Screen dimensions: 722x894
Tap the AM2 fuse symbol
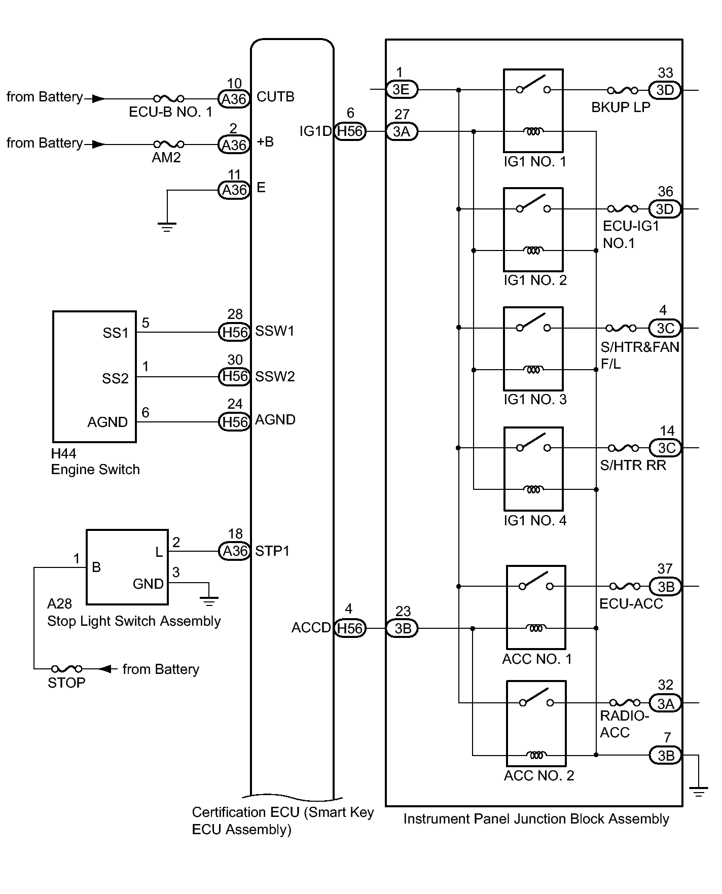169,145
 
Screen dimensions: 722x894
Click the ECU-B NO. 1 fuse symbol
169,98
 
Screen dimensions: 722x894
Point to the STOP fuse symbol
67,669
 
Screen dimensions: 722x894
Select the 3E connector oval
402,90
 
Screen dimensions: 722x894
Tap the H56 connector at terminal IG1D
350,131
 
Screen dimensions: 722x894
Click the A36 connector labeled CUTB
234,99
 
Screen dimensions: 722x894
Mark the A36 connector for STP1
234,551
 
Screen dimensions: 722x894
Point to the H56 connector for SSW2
234,376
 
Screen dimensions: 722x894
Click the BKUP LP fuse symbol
623,90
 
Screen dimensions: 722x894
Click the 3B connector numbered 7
666,756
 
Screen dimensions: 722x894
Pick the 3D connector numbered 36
665,209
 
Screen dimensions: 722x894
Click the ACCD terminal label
311,628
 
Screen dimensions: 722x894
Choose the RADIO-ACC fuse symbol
625,702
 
